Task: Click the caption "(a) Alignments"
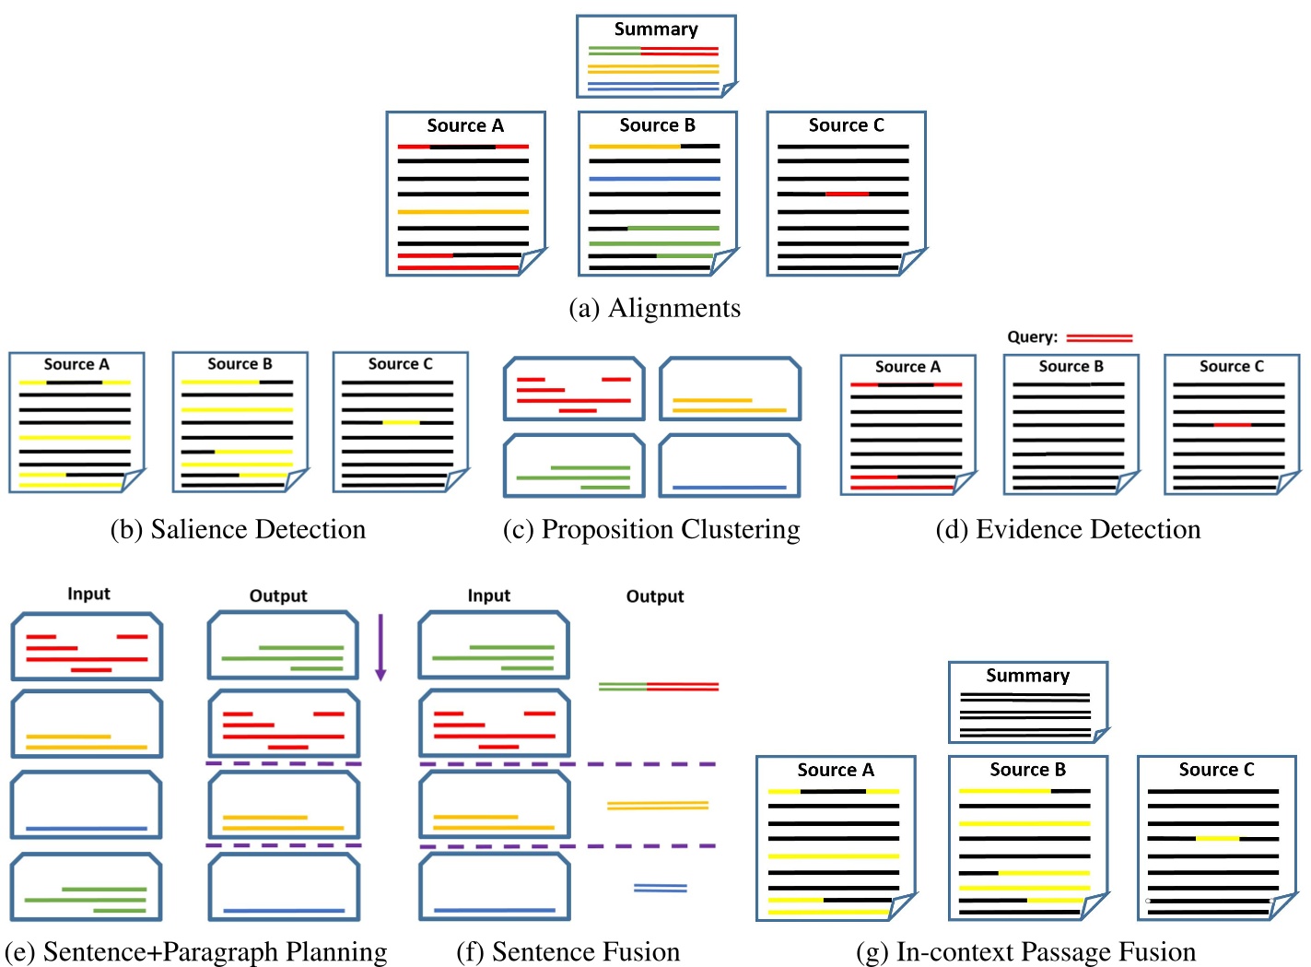tap(654, 308)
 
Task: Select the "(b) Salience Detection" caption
tap(238, 529)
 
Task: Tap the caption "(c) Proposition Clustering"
tap(651, 529)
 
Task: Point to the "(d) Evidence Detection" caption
tap(1068, 529)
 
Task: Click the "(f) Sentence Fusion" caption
tap(568, 951)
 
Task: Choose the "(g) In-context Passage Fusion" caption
tap(1025, 951)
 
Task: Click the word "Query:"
tap(1032, 337)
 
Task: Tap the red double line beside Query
tap(1099, 338)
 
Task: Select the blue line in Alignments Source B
tap(654, 179)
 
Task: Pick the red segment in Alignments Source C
tap(847, 195)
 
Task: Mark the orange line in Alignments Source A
tap(462, 212)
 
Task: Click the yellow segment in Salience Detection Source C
tap(401, 422)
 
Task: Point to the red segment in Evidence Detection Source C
tap(1232, 425)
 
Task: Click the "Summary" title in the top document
tap(656, 29)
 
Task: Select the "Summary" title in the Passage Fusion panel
tap(1027, 676)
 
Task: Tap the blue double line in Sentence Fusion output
tap(660, 888)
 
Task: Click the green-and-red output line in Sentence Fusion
tap(658, 687)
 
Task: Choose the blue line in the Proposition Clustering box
tap(729, 487)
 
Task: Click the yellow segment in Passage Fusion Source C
tap(1217, 839)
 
